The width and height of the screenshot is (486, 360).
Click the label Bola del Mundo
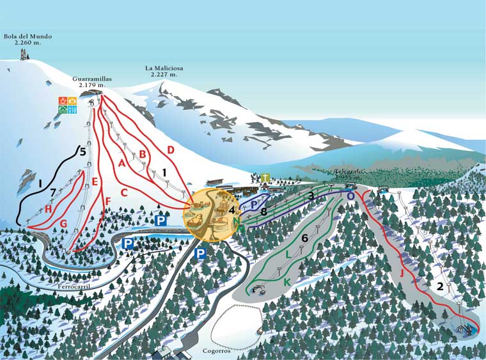(x=27, y=37)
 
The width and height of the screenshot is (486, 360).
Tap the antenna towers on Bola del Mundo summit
(x=26, y=54)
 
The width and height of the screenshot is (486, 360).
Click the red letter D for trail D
(x=171, y=150)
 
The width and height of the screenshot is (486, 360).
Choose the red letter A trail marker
(x=121, y=162)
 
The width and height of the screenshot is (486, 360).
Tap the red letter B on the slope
(x=143, y=154)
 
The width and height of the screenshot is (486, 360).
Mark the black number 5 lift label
(x=82, y=152)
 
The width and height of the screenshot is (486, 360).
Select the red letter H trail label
(x=48, y=208)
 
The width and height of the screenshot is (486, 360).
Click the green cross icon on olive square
(x=265, y=178)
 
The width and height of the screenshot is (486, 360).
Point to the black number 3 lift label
(x=311, y=196)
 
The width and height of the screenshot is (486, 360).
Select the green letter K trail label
(x=287, y=282)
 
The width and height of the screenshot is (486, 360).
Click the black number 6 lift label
(x=304, y=238)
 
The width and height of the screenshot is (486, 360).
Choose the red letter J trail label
(x=402, y=274)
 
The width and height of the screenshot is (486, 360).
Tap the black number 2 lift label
(x=439, y=286)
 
